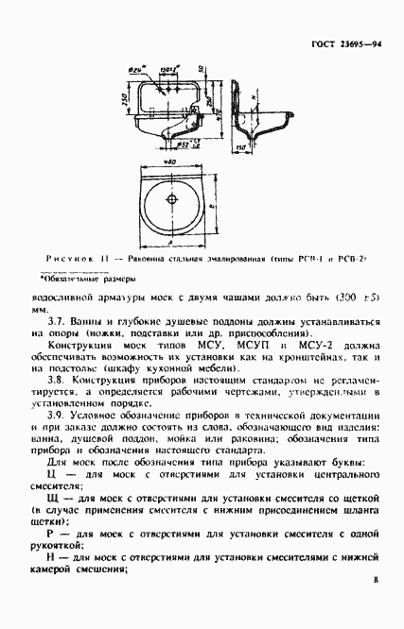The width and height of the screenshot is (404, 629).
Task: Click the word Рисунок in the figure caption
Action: pyautogui.click(x=67, y=258)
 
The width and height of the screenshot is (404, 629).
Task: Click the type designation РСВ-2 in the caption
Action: pyautogui.click(x=349, y=258)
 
